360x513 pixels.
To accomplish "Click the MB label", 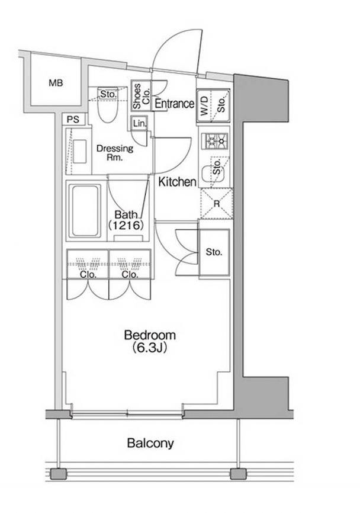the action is pos(56,83).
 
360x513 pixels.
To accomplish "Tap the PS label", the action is pos(73,120).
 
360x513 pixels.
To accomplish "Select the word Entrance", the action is pos(174,104).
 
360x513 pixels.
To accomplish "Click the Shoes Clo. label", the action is pos(142,96).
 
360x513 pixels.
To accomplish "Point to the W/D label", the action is pos(205,105).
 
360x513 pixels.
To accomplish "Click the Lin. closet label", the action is pos(140,124).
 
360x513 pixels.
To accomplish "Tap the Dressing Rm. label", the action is pos(115,152).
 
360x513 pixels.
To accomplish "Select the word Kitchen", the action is pos(177,182).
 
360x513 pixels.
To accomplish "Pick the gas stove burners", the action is pos(215,140).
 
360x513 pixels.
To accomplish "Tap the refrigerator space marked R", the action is pos(217,204).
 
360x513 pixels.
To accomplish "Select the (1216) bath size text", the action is pos(126,225).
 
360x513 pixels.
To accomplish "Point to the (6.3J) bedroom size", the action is pos(150,348).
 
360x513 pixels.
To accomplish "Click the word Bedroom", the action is pos(150,335).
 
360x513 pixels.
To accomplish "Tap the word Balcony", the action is pos(150,443).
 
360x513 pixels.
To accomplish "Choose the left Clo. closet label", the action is pos(88,275).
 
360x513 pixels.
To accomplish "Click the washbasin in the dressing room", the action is pos(79,151).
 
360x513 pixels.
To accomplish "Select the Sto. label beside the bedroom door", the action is pos(214,252).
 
